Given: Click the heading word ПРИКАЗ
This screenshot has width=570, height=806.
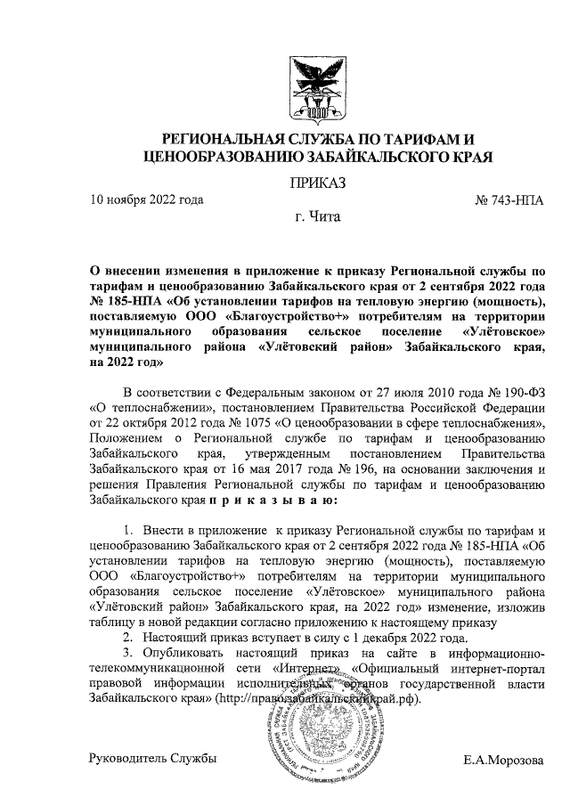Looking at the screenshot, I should (x=314, y=183).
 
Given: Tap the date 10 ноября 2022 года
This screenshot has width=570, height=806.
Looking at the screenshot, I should (x=147, y=200).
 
